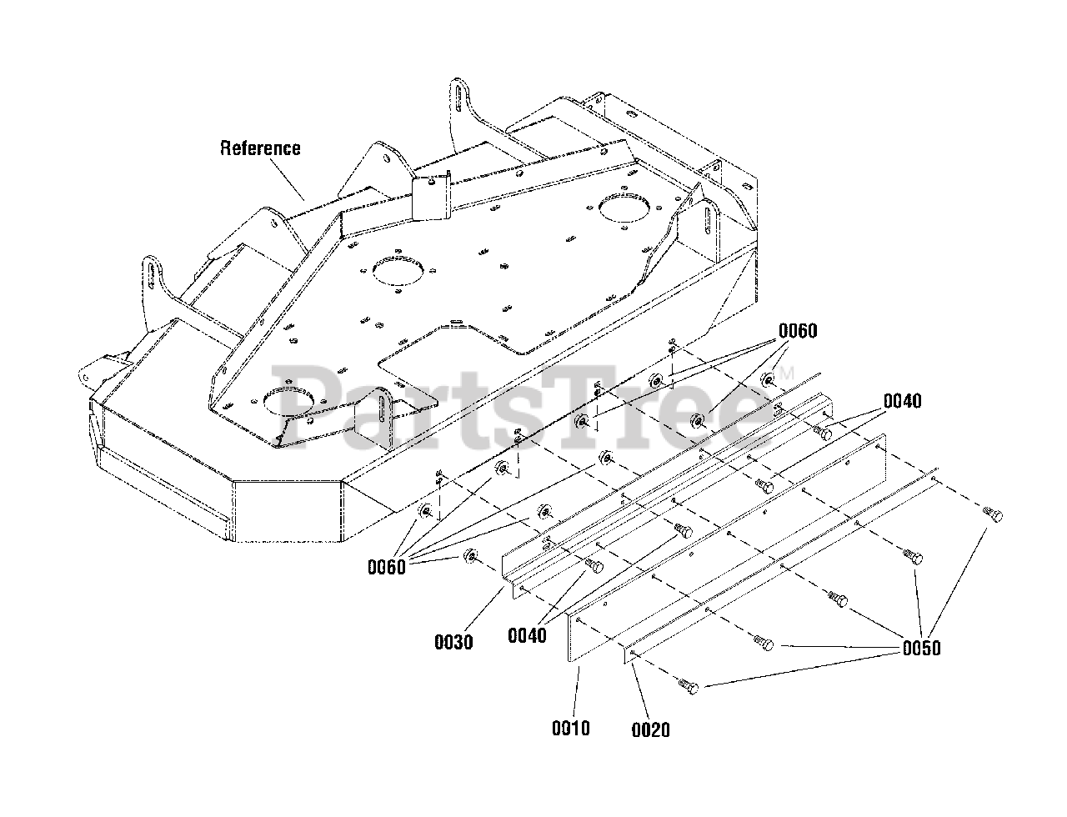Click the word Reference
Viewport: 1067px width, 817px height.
(260, 148)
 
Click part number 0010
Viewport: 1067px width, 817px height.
(570, 728)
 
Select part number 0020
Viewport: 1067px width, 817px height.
(650, 729)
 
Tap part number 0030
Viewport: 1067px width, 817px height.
(453, 642)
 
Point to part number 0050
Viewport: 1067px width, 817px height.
(920, 648)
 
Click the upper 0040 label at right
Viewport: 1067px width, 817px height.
(902, 402)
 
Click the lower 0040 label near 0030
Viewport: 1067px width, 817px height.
(527, 635)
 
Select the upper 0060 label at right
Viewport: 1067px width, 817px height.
(798, 331)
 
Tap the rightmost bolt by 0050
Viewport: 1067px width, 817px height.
(993, 514)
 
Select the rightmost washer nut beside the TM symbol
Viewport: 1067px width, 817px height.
(769, 380)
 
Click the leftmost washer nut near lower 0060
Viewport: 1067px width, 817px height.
(471, 554)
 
